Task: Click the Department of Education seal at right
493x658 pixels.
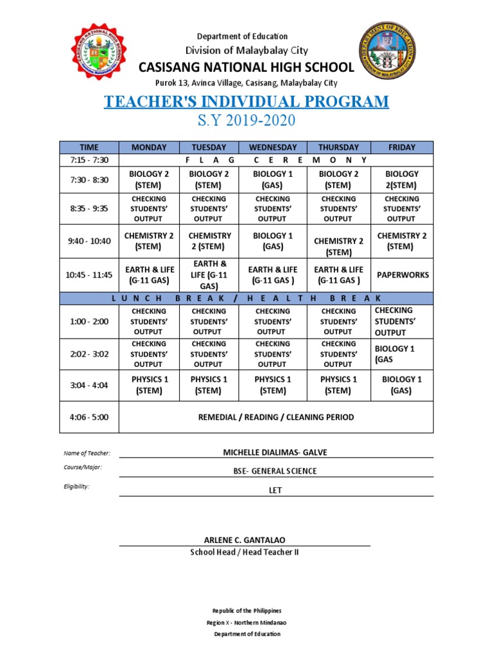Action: coord(386,57)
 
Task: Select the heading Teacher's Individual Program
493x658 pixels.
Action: coord(246,102)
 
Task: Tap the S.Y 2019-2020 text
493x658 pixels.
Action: coord(246,121)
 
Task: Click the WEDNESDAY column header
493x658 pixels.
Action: coord(273,147)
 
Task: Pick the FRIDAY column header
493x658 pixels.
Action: coord(402,147)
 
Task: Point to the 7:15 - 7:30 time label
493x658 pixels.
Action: coord(89,159)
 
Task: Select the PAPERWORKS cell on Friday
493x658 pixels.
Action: coord(402,275)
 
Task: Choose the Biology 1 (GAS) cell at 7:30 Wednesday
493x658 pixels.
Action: coord(273,179)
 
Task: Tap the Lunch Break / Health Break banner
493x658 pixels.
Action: coord(246,299)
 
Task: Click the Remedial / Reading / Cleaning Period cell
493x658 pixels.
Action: coord(276,417)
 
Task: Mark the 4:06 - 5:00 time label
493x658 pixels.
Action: coord(89,417)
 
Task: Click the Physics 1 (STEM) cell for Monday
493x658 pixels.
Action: coord(150,385)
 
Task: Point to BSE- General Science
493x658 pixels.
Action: coord(275,471)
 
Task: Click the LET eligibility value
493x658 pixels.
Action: coord(275,490)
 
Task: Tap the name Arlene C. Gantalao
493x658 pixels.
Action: coord(244,539)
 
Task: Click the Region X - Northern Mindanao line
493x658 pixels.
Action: coord(246,623)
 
